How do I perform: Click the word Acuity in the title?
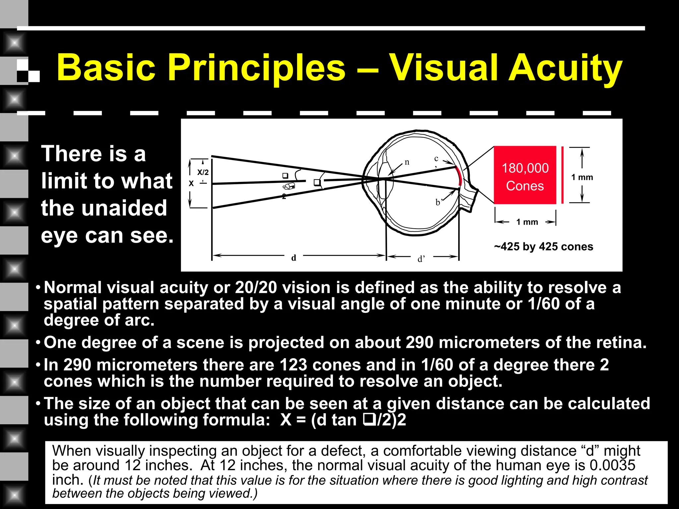point(565,69)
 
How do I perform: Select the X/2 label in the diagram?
point(203,172)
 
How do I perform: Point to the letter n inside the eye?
point(407,162)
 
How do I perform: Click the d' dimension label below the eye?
point(421,259)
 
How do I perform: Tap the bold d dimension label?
point(293,258)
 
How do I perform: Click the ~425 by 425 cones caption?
point(543,247)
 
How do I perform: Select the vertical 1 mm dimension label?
point(582,177)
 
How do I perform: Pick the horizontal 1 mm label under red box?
point(527,222)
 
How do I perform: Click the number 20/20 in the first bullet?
point(256,288)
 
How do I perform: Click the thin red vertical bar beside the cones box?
point(562,175)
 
